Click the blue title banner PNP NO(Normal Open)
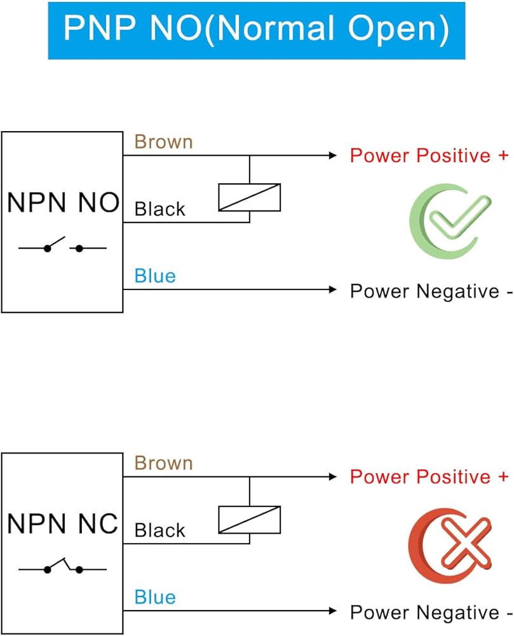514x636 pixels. pyautogui.click(x=257, y=30)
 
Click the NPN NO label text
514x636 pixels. pyautogui.click(x=63, y=203)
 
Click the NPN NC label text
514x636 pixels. pyautogui.click(x=63, y=524)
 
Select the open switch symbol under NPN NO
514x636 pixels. pyautogui.click(x=62, y=245)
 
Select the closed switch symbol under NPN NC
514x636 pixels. pyautogui.click(x=62, y=567)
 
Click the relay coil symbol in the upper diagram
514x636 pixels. pyautogui.click(x=249, y=197)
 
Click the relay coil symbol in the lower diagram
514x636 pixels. pyautogui.click(x=249, y=519)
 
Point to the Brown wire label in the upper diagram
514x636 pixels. pyautogui.click(x=163, y=142)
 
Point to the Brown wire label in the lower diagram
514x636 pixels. pyautogui.click(x=163, y=463)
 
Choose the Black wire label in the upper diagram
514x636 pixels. pyautogui.click(x=160, y=209)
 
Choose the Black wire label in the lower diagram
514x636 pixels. pyautogui.click(x=160, y=530)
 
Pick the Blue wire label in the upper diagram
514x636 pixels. pyautogui.click(x=155, y=276)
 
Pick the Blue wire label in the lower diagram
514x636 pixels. pyautogui.click(x=155, y=597)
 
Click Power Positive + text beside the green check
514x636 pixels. pyautogui.click(x=429, y=156)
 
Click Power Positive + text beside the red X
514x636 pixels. pyautogui.click(x=429, y=477)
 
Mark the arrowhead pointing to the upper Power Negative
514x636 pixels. pyautogui.click(x=331, y=290)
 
